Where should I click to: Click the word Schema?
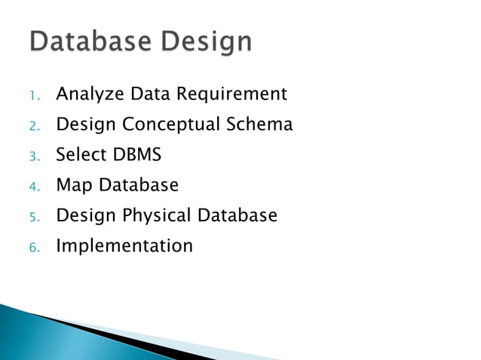click(x=260, y=124)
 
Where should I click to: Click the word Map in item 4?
click(x=73, y=186)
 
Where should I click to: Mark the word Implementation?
click(x=124, y=246)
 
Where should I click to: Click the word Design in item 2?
click(x=86, y=125)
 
